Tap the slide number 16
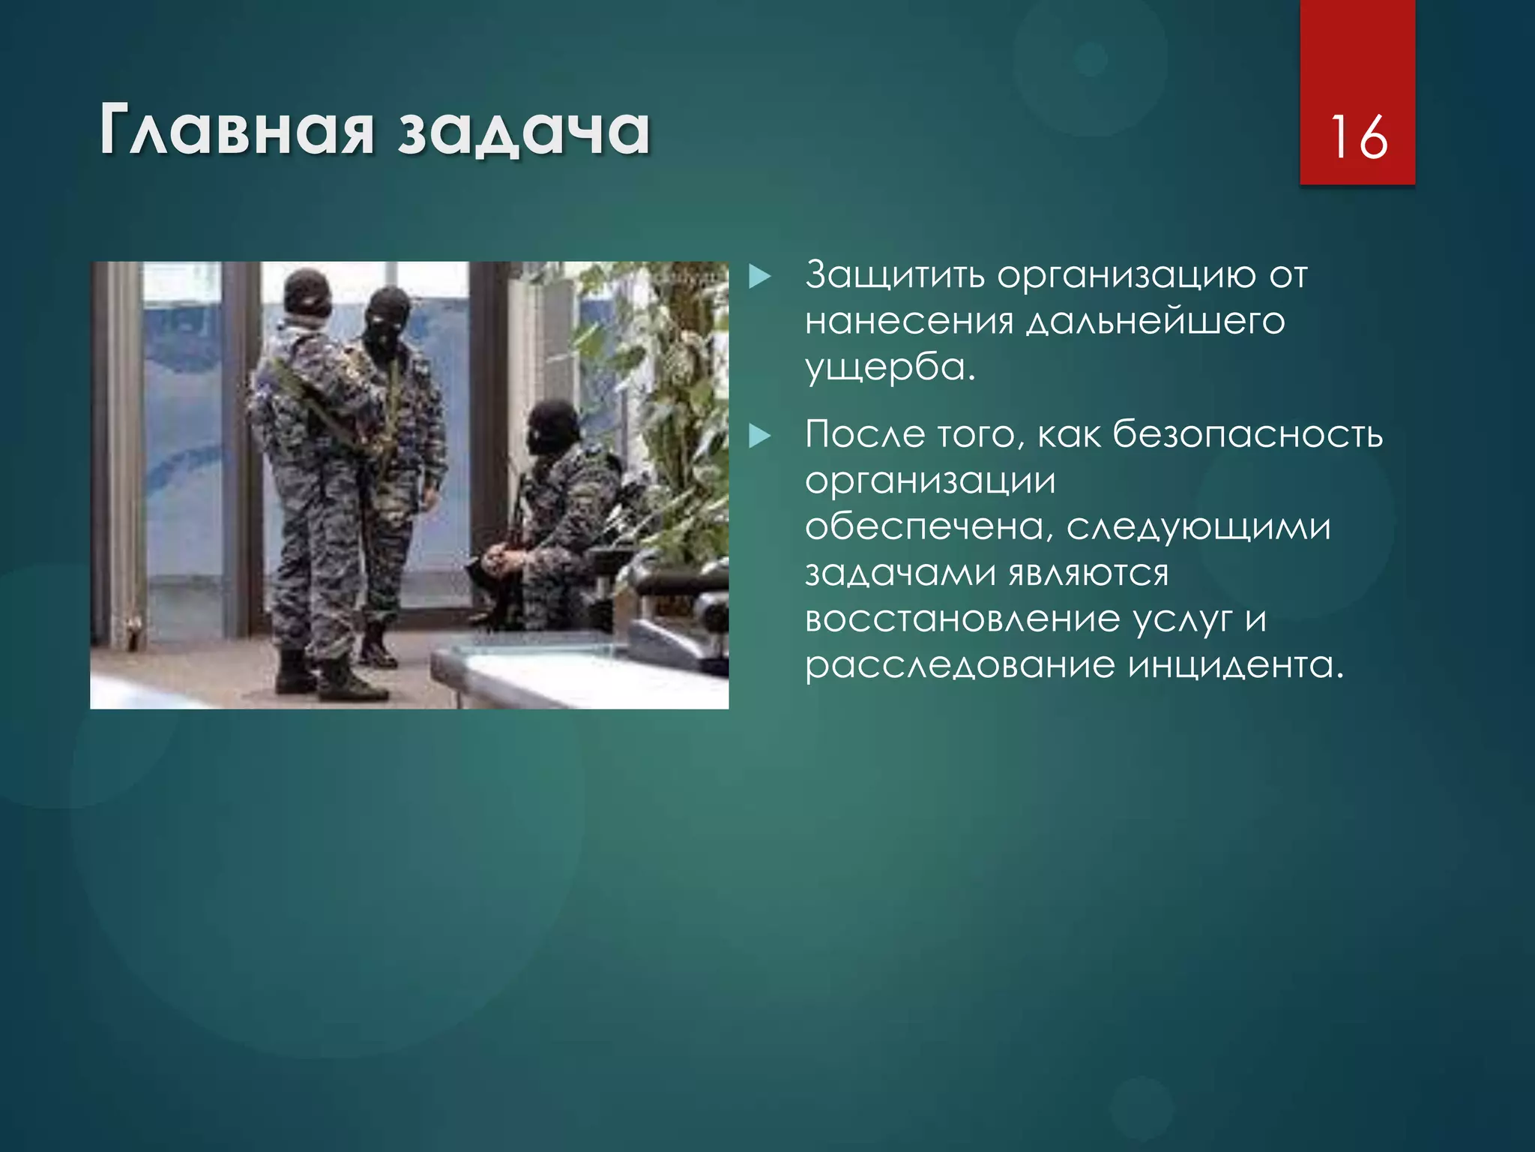pyautogui.click(x=1357, y=137)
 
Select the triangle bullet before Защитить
pyautogui.click(x=759, y=277)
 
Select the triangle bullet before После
pyautogui.click(x=759, y=436)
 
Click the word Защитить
pyautogui.click(x=895, y=275)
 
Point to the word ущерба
pyautogui.click(x=889, y=367)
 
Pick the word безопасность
pyautogui.click(x=1247, y=434)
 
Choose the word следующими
pyautogui.click(x=1198, y=526)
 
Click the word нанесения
pyautogui.click(x=909, y=322)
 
